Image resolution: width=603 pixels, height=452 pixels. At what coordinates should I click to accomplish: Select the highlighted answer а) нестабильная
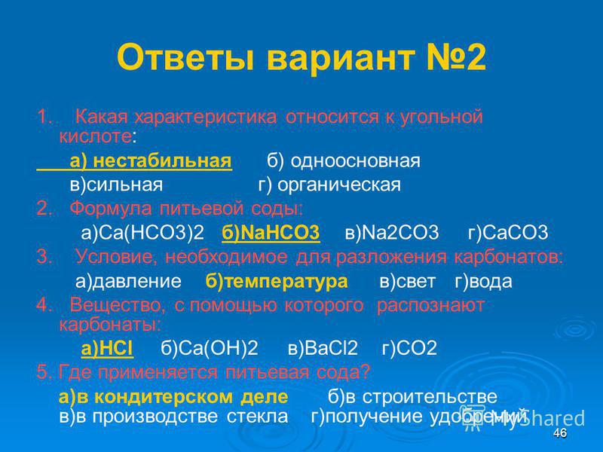[x=151, y=160]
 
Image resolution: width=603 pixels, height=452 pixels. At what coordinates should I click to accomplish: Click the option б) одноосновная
[x=344, y=160]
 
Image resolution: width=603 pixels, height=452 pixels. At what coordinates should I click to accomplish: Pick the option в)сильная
[x=116, y=185]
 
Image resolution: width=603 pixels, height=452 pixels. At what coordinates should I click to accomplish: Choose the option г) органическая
[x=329, y=185]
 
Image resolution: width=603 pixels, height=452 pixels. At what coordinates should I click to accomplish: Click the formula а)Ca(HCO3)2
[x=142, y=232]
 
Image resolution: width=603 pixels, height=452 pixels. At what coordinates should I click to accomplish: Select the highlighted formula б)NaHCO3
[x=271, y=232]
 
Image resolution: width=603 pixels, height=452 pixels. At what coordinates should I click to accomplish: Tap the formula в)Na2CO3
[x=392, y=232]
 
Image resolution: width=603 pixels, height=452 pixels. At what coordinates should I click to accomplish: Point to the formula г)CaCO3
[x=508, y=232]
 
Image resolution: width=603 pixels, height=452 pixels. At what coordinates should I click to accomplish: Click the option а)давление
[x=128, y=281]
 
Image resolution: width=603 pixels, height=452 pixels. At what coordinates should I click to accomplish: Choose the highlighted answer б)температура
[x=277, y=281]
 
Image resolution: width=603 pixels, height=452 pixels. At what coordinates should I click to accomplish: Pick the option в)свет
[x=407, y=281]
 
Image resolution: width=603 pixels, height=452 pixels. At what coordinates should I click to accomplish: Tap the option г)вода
[x=483, y=281]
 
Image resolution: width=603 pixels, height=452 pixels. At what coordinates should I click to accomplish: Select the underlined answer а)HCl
[x=107, y=348]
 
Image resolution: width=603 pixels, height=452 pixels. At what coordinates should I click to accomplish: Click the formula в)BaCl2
[x=323, y=348]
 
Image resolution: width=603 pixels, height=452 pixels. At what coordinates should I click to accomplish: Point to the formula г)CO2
[x=409, y=348]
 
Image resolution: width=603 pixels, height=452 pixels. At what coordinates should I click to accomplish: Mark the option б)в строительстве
[x=412, y=397]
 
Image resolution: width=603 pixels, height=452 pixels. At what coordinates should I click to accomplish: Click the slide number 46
[x=560, y=432]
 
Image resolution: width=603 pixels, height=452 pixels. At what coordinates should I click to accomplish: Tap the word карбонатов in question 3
[x=508, y=257]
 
